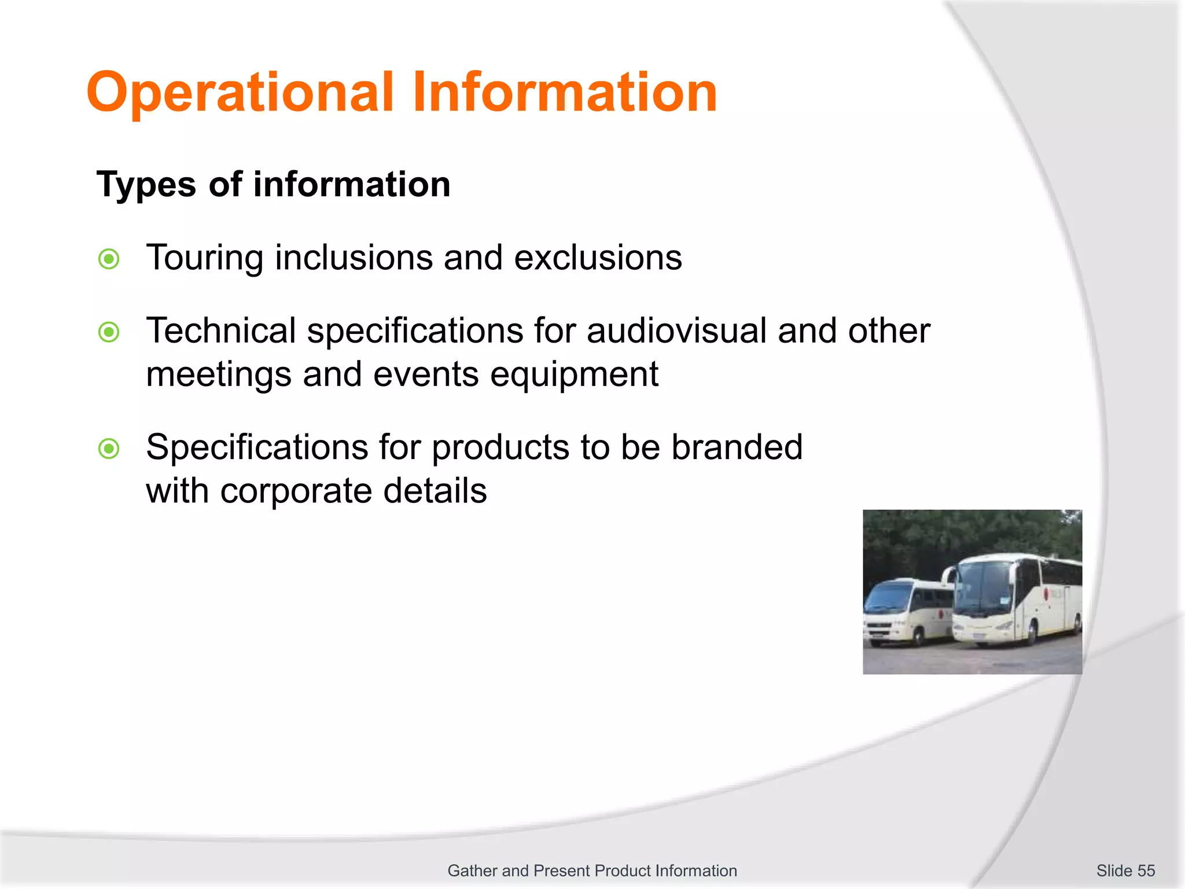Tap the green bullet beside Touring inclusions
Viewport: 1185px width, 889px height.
click(109, 259)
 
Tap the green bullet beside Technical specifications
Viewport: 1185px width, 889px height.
click(109, 332)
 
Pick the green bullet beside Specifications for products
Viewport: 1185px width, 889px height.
click(109, 449)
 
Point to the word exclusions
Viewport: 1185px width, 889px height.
click(598, 258)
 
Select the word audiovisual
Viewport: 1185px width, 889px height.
click(677, 331)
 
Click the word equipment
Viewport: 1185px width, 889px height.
click(574, 375)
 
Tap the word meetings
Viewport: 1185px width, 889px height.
click(219, 375)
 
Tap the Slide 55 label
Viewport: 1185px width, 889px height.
click(1125, 870)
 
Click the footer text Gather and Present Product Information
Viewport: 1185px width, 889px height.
click(592, 870)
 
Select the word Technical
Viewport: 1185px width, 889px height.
click(221, 331)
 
